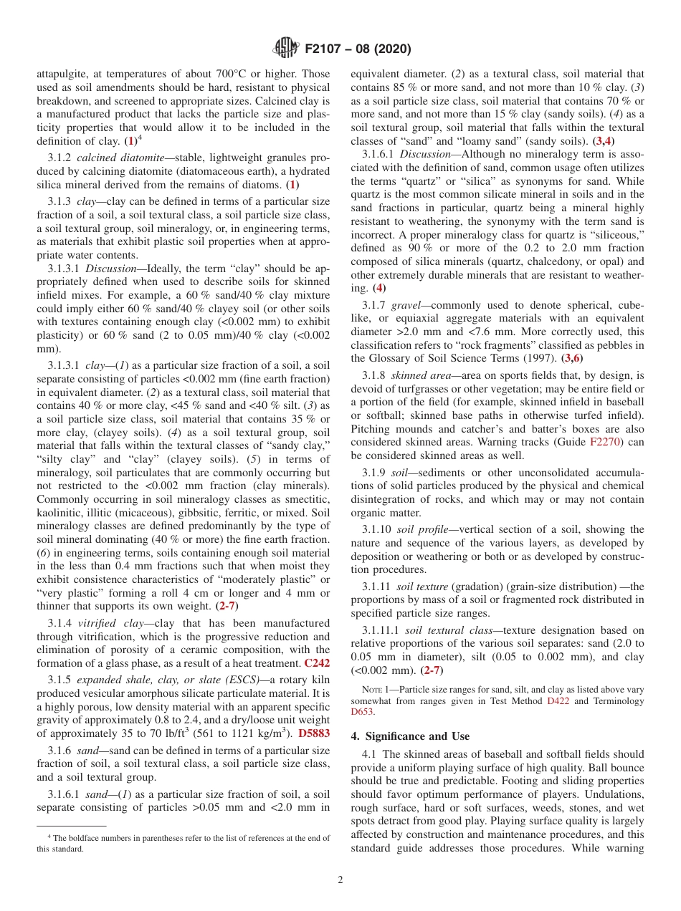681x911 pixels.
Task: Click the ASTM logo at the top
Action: (x=286, y=49)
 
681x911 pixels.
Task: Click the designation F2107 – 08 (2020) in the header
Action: (x=358, y=49)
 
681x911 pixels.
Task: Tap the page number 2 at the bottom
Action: (x=340, y=880)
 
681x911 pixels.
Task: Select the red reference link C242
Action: (x=317, y=663)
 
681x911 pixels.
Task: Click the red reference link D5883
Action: (x=314, y=733)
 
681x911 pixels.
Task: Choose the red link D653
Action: (x=362, y=713)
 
